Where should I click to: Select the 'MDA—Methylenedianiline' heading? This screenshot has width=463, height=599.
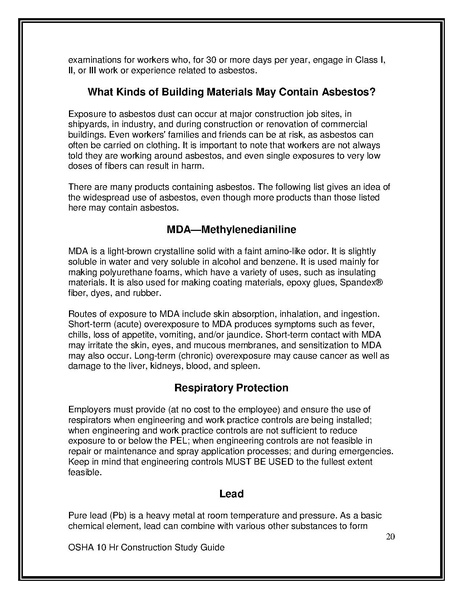pos(231,229)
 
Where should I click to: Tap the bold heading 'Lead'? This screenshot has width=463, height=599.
pos(231,492)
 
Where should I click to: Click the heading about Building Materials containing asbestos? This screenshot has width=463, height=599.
pos(231,93)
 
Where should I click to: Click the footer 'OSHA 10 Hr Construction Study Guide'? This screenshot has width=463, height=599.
pos(145,550)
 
